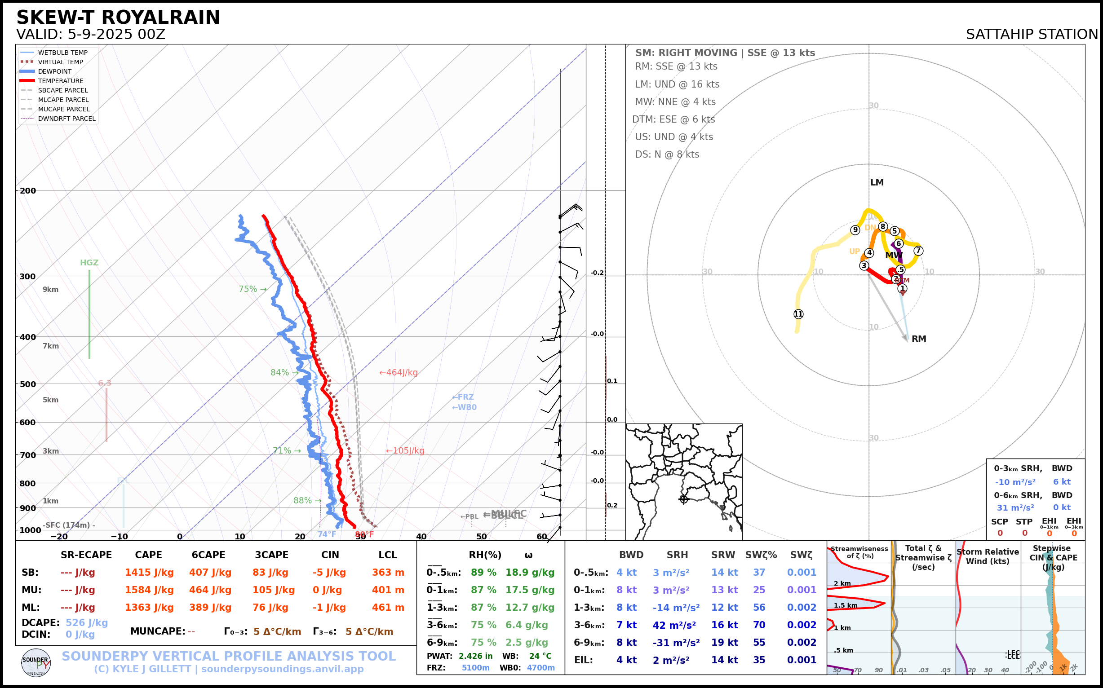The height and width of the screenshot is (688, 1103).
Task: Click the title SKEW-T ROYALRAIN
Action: point(118,18)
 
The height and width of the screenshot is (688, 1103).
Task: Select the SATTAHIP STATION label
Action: point(1032,35)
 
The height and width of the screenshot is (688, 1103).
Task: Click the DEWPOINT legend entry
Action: point(55,71)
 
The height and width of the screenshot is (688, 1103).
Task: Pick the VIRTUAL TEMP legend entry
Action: point(60,62)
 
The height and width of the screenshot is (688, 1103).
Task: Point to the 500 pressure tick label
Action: point(28,384)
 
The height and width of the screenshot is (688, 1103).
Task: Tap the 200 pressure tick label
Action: point(28,191)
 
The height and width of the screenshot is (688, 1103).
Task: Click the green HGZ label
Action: point(89,263)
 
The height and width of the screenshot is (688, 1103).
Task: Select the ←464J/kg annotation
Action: point(399,373)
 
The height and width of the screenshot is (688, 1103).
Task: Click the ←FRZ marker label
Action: point(463,397)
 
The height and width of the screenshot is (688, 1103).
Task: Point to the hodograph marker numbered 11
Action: point(798,314)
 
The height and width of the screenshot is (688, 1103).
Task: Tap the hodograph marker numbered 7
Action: point(918,251)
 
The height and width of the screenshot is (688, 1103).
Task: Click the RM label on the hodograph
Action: point(919,339)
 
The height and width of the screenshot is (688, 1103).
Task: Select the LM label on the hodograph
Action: point(877,182)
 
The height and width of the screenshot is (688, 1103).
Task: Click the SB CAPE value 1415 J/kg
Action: point(149,573)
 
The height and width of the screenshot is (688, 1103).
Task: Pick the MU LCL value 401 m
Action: point(388,590)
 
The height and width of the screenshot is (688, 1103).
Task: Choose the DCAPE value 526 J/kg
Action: point(87,622)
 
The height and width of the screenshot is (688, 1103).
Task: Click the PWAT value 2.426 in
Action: point(475,656)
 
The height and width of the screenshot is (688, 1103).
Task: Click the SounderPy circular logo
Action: point(36,663)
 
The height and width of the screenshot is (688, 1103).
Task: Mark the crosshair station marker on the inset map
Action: point(684,499)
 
